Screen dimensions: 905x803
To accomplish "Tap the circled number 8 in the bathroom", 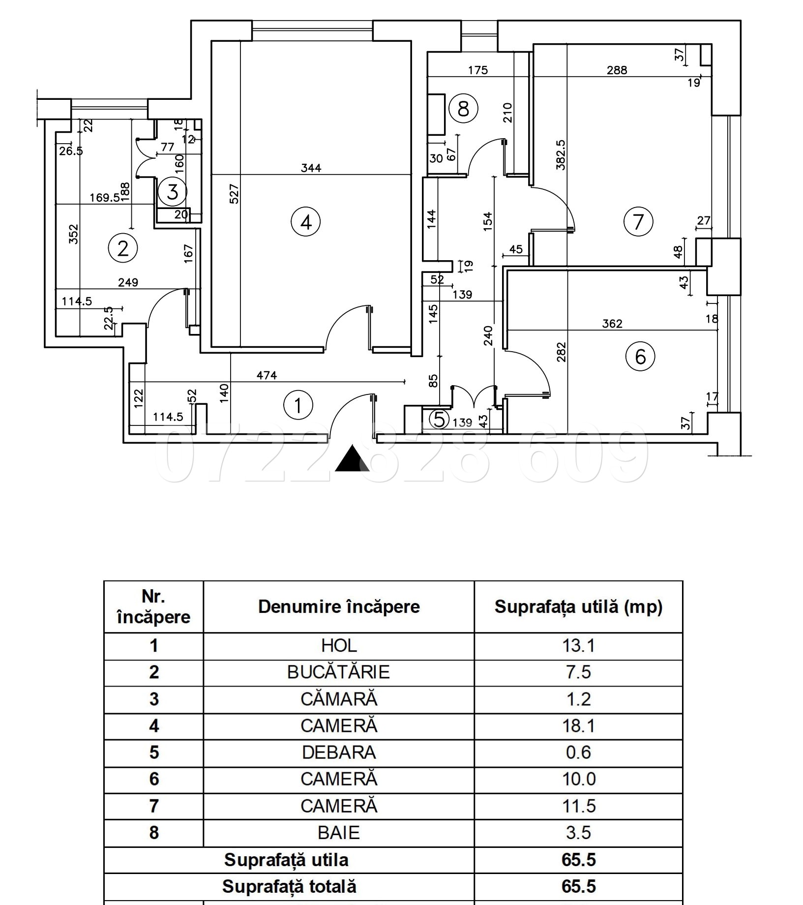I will [463, 108].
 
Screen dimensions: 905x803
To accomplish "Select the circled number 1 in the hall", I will [298, 405].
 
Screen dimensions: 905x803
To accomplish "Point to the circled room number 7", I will [638, 221].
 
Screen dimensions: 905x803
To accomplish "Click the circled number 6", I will [640, 356].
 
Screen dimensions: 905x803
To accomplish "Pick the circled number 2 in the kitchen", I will [122, 248].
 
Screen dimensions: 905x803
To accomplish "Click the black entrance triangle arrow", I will [352, 458].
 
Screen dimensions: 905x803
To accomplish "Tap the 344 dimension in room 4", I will [311, 168].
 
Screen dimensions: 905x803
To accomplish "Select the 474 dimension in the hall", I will [267, 375].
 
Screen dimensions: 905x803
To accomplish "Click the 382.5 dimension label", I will [561, 155].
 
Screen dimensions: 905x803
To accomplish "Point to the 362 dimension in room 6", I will [612, 324].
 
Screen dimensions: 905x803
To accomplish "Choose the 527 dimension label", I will [234, 194].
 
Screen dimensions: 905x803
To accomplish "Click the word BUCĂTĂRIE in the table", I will [338, 672].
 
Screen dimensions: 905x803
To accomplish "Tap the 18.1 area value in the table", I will [578, 726].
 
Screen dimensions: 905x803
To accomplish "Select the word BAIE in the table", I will [338, 833].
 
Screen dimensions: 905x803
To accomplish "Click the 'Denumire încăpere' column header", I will [339, 606].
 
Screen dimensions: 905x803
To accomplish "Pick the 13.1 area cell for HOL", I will [578, 646].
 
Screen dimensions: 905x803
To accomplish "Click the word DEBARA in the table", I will [338, 753].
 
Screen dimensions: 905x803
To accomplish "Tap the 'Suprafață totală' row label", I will [289, 886].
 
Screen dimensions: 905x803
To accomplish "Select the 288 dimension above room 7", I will [617, 70].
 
